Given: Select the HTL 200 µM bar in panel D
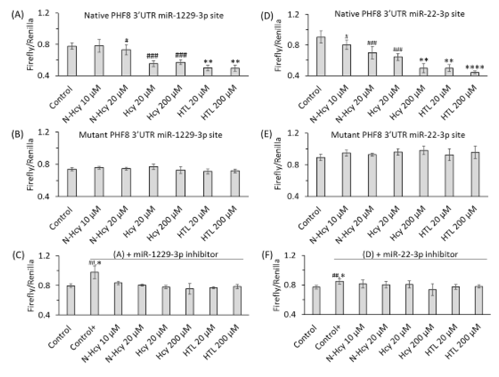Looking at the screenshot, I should click(x=475, y=74).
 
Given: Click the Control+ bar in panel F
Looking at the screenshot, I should click(x=339, y=298).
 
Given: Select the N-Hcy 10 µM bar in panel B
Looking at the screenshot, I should click(x=99, y=182).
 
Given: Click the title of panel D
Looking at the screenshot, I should click(x=399, y=14).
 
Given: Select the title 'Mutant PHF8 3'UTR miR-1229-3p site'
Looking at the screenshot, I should click(x=151, y=135).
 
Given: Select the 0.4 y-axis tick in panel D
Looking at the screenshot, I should click(x=294, y=76).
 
